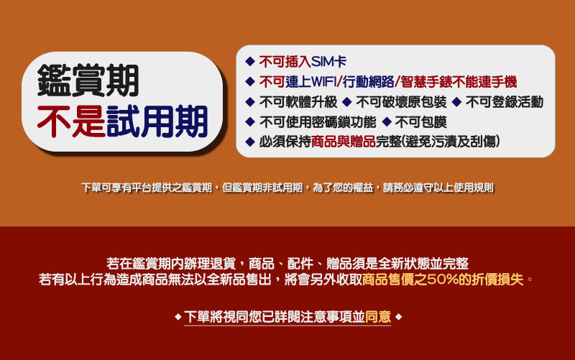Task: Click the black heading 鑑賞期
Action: tap(88, 80)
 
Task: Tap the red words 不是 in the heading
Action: tap(71, 121)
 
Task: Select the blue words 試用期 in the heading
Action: tap(157, 121)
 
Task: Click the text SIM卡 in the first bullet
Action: tap(328, 62)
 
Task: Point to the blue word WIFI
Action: tap(323, 82)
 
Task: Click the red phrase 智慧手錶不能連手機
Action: tap(459, 82)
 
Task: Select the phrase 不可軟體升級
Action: tap(298, 102)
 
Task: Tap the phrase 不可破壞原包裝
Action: tap(401, 102)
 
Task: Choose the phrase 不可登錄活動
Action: tap(505, 102)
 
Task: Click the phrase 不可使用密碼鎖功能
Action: tap(318, 122)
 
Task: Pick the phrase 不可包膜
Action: tap(420, 122)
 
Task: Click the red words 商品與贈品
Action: tap(344, 142)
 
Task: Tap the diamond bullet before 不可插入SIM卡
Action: tap(250, 62)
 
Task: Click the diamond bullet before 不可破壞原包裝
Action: tap(346, 102)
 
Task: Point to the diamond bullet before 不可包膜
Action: tap(387, 122)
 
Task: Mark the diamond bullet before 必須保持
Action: tap(250, 142)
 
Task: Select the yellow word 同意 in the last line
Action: tap(378, 317)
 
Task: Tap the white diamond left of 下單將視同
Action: tap(178, 317)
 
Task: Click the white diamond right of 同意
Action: tap(399, 317)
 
